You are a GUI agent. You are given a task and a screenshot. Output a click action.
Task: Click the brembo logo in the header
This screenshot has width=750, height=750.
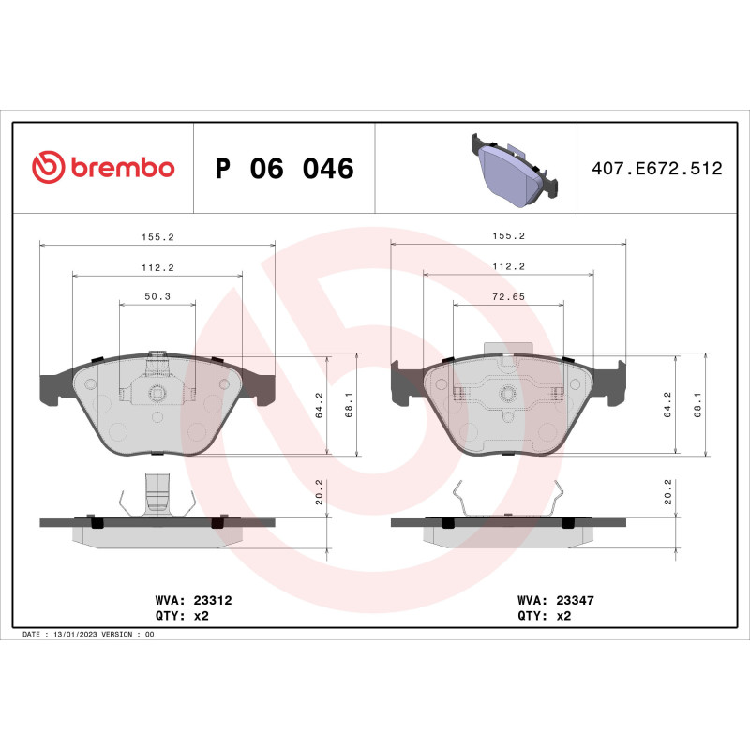click(103, 168)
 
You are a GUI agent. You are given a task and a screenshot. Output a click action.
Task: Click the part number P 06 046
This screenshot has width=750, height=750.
click(284, 170)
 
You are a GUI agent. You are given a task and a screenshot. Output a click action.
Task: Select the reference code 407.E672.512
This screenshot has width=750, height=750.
click(656, 169)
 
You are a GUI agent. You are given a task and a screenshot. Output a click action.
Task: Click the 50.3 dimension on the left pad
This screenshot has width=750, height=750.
click(157, 296)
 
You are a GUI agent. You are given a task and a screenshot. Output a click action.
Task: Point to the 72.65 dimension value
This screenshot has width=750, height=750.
click(507, 296)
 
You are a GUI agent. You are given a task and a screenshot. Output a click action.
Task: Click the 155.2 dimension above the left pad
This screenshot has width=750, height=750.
click(157, 237)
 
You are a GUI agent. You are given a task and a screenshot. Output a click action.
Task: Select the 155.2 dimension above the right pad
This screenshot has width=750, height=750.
click(507, 237)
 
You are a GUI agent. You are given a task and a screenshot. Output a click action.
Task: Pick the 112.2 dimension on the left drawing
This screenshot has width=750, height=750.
click(157, 267)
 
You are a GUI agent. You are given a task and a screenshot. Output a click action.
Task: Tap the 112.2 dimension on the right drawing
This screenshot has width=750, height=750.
click(507, 267)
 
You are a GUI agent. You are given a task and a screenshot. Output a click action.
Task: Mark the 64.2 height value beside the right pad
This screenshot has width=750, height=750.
click(667, 405)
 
